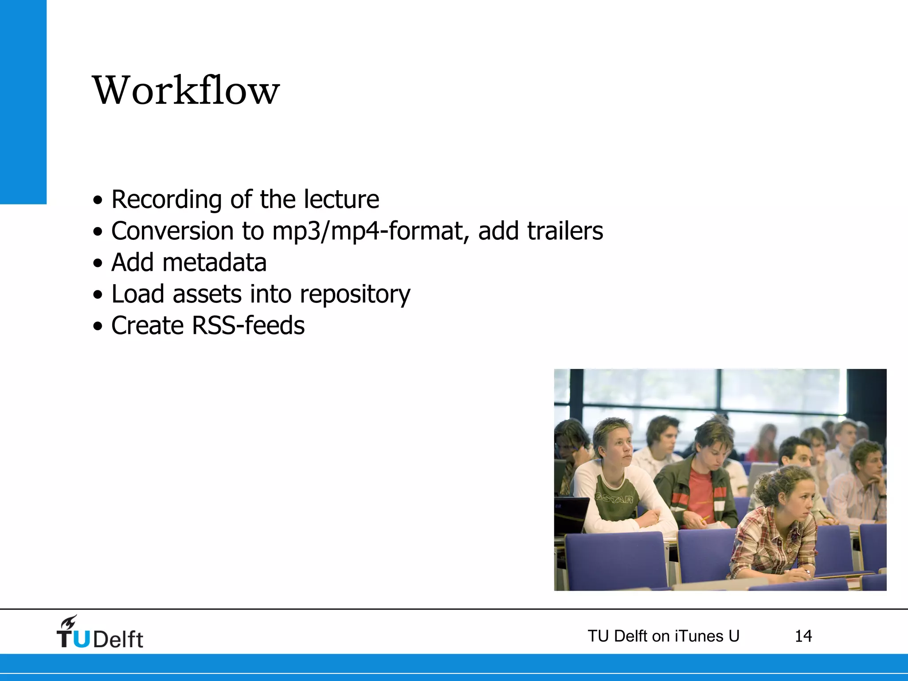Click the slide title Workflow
(x=186, y=90)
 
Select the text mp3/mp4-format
(x=371, y=231)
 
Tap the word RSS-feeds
(x=248, y=325)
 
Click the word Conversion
(x=172, y=231)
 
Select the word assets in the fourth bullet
(x=207, y=294)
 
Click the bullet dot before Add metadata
(x=98, y=264)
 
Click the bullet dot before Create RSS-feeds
(x=98, y=327)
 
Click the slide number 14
(x=803, y=636)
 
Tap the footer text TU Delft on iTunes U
(x=663, y=636)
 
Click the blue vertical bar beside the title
(x=23, y=102)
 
